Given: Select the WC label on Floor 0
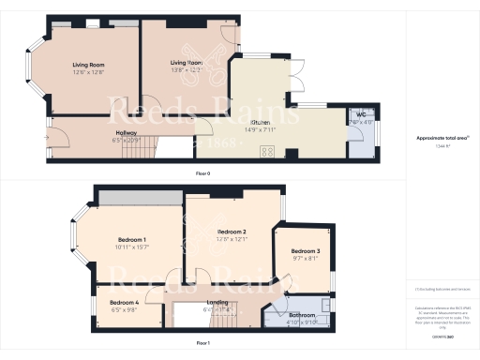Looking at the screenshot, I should tap(361, 114).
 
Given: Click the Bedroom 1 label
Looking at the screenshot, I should tap(131, 240).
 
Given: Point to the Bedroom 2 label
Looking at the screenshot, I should tap(232, 231).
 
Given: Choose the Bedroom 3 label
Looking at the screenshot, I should tap(305, 252).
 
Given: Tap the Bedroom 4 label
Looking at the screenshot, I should tap(124, 303).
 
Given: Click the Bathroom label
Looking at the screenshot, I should tap(302, 315).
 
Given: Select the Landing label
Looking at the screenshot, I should tap(217, 301).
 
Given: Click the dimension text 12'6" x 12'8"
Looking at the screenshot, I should tap(89, 71).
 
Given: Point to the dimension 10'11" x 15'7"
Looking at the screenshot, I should tap(132, 247).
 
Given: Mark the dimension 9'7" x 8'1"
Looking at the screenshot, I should tap(306, 260).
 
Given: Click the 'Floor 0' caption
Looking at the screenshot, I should tap(202, 174).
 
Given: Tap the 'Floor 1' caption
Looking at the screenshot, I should tap(203, 343).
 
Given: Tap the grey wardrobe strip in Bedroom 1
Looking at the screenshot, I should tap(142, 198).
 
